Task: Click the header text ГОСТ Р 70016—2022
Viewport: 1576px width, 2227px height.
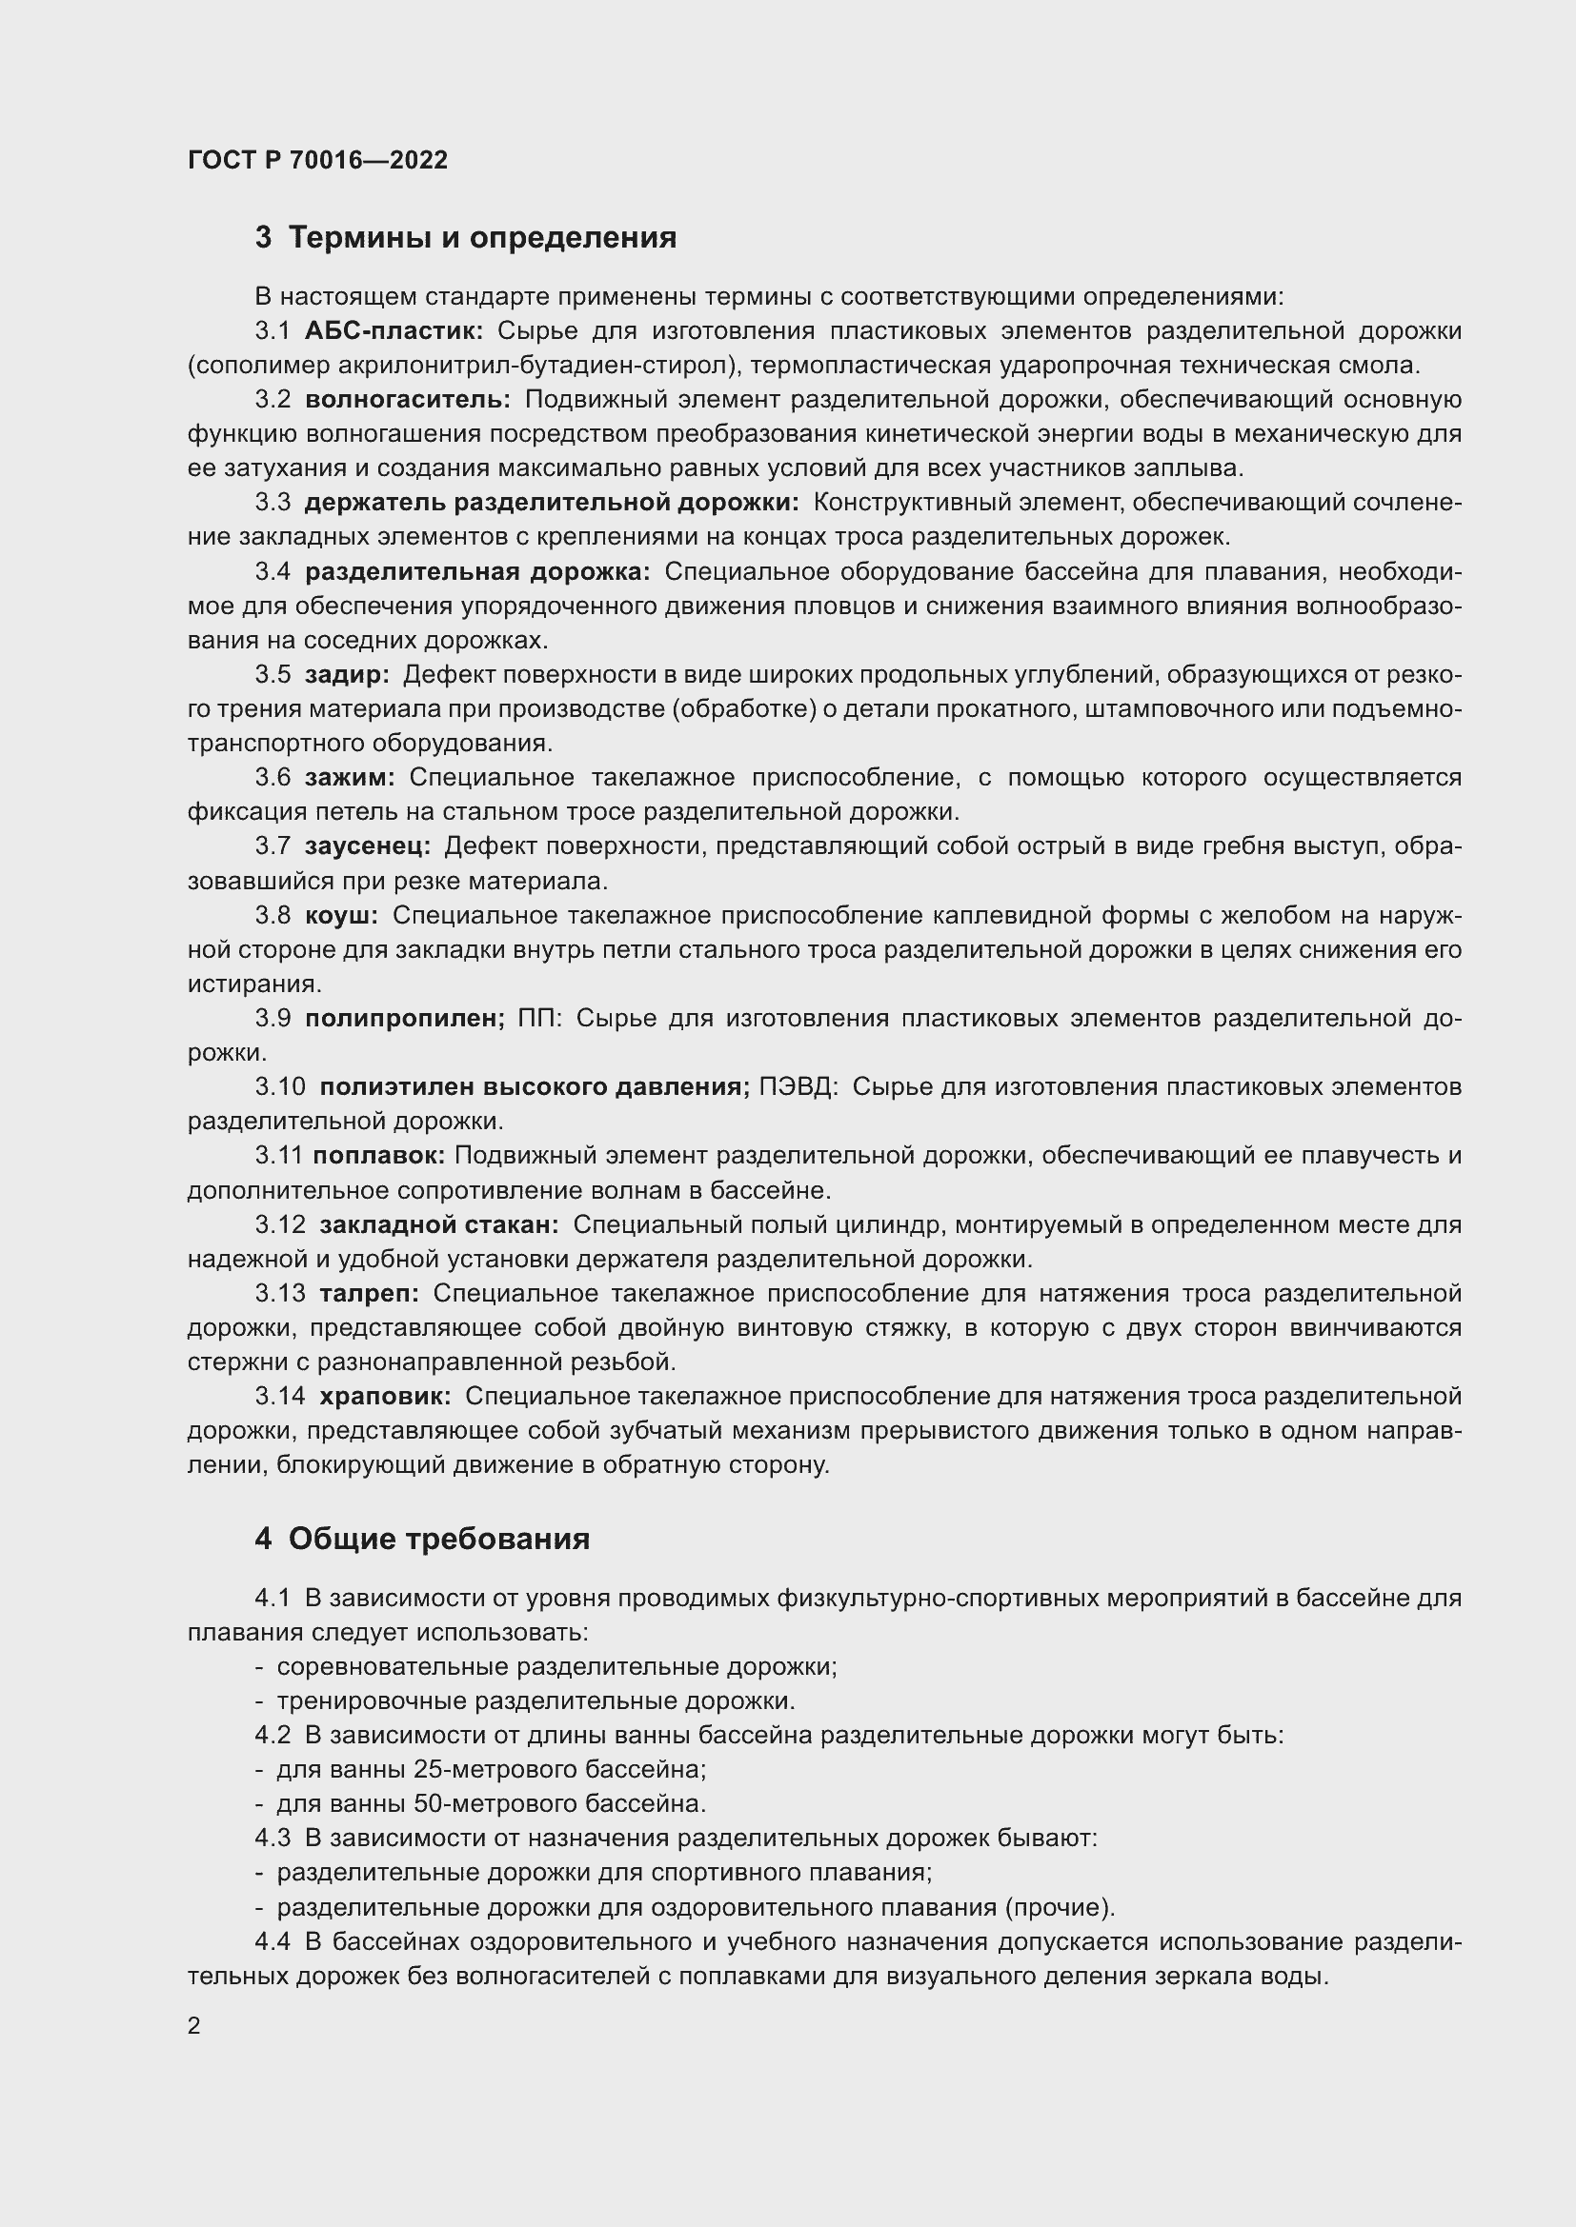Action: click(x=317, y=160)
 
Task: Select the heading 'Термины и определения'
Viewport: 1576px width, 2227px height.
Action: click(x=482, y=238)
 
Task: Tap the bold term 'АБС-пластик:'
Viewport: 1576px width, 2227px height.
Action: click(x=393, y=331)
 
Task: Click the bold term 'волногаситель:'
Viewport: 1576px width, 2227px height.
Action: click(x=408, y=400)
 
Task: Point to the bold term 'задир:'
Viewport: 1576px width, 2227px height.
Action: click(x=347, y=674)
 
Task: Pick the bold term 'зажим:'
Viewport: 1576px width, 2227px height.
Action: click(x=350, y=777)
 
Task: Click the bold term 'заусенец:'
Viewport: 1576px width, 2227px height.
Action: click(x=367, y=845)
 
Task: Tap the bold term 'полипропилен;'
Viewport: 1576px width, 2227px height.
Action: click(x=405, y=1019)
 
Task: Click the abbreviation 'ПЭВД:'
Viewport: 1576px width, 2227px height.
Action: click(x=797, y=1086)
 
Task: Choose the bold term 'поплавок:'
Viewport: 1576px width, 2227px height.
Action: click(x=378, y=1155)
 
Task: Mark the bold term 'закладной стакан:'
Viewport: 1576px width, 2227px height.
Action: click(x=438, y=1224)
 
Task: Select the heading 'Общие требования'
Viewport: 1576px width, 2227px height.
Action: click(x=438, y=1540)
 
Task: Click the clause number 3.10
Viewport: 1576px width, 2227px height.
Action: click(x=280, y=1086)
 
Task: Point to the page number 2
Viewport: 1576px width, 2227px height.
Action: click(x=194, y=2025)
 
